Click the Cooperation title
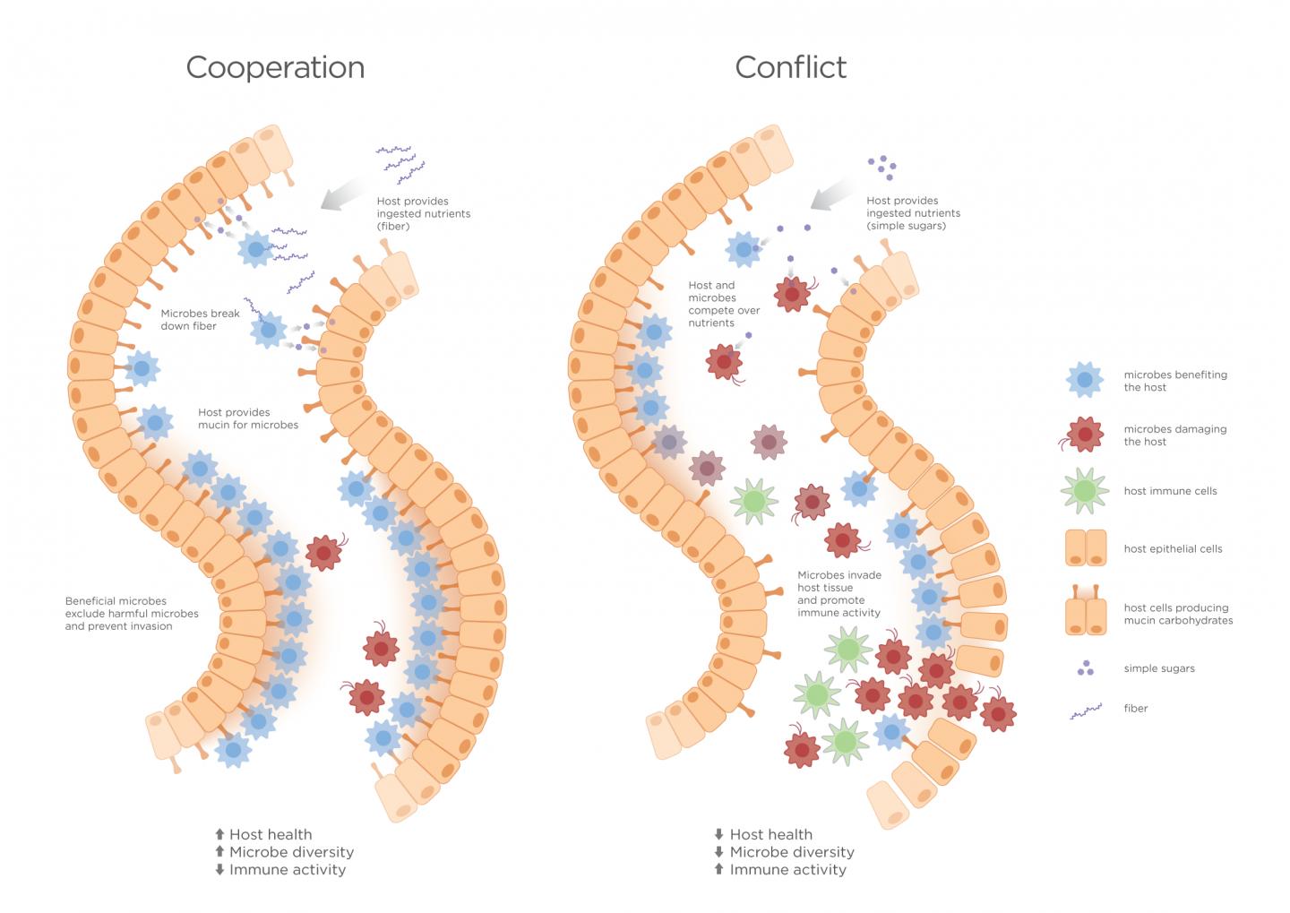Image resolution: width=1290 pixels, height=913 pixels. tap(275, 67)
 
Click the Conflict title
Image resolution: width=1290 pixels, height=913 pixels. tap(790, 67)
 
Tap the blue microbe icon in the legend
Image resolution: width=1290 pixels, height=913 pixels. tap(1085, 380)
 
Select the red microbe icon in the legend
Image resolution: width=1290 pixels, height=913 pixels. tap(1085, 435)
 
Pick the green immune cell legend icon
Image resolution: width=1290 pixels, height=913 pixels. tap(1085, 491)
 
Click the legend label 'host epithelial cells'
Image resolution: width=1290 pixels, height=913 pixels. tap(1173, 548)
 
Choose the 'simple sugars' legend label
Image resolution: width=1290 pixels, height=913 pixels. tap(1159, 668)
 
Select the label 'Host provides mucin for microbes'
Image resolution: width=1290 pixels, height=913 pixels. tap(248, 418)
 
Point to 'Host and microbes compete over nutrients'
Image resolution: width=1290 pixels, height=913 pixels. tap(724, 304)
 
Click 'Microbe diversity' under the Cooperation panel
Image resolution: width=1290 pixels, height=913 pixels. tap(291, 852)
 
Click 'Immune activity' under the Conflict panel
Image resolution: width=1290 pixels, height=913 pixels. tap(787, 869)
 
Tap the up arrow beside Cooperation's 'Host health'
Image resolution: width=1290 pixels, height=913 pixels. tap(219, 835)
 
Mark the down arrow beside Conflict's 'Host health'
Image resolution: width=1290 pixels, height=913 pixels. tap(718, 835)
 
